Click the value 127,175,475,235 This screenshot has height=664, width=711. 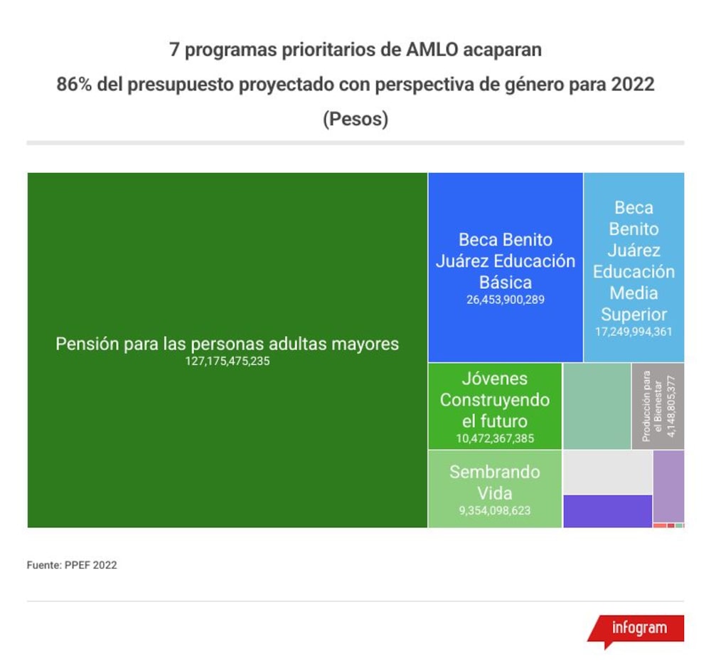pos(228,362)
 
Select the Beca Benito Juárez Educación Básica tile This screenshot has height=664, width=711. pos(506,267)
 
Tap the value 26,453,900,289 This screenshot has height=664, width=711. pos(506,300)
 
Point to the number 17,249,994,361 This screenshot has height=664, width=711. pos(634,332)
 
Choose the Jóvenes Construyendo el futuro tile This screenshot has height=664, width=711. pos(495,406)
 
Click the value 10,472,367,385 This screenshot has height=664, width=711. pos(495,438)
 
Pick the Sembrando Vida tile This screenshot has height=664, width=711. pos(495,489)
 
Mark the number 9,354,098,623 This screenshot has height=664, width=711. pos(495,510)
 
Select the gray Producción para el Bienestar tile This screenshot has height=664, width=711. pos(658,406)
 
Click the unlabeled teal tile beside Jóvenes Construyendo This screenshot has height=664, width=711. pos(597,406)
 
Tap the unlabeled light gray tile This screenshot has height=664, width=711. pos(608,473)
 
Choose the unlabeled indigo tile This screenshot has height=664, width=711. pos(608,512)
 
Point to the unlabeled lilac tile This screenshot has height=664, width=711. pos(669,486)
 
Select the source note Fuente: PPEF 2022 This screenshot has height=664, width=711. pos(72,565)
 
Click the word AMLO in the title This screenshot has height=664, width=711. pos(432,50)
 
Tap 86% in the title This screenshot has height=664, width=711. pos(74,85)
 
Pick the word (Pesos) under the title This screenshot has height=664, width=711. pos(355,120)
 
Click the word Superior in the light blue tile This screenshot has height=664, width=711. pos(634,315)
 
